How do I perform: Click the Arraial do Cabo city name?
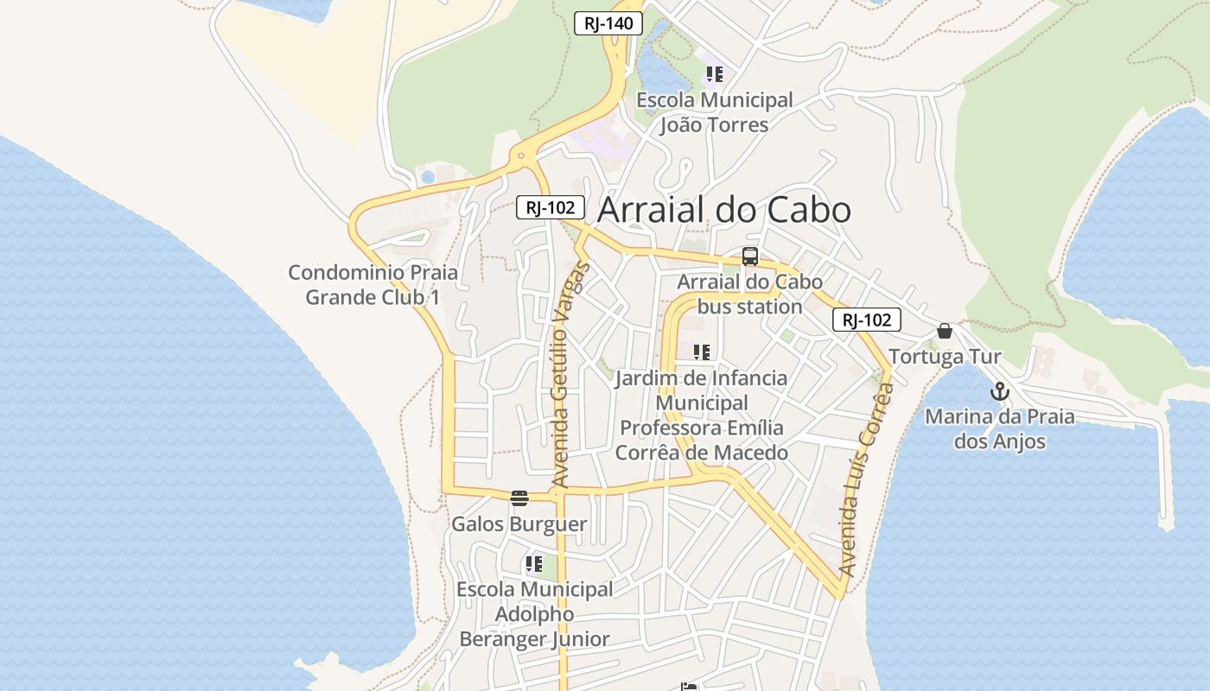pos(724,210)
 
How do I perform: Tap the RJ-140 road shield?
pos(608,23)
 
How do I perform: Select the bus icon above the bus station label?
pos(750,257)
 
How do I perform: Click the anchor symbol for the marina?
pos(999,391)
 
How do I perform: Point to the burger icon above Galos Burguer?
pos(519,498)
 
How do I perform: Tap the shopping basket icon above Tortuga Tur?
pos(945,331)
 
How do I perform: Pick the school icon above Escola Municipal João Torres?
pos(714,74)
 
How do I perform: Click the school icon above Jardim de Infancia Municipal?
pos(702,352)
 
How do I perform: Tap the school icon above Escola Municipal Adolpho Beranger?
pos(534,565)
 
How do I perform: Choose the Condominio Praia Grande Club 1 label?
pos(373,285)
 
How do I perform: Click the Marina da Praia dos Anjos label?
pos(1000,429)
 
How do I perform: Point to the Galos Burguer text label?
pos(519,524)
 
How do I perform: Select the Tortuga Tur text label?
pos(945,357)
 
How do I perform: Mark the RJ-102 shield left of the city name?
pos(551,207)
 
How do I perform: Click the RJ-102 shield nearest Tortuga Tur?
pos(867,320)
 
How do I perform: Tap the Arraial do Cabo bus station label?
pos(749,295)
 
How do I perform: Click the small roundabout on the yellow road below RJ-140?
pos(521,156)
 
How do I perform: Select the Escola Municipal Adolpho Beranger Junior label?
pos(535,614)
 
